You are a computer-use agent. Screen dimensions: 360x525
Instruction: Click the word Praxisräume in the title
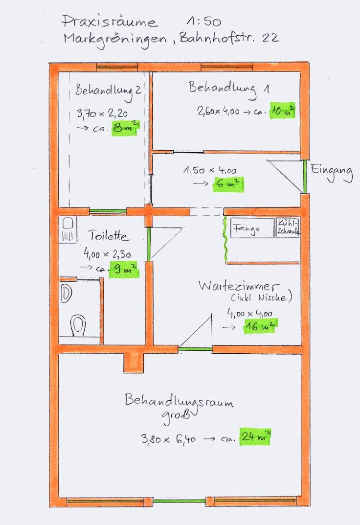coord(110,22)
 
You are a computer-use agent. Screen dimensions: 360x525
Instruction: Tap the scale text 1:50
coord(204,22)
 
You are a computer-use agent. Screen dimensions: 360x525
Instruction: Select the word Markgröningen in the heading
coord(115,40)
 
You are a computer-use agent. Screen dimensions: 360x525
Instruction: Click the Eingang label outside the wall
coord(332,172)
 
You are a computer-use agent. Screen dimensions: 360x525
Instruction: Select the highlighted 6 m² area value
coord(228,184)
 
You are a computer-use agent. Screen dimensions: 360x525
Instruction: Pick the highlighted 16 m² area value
coord(260,326)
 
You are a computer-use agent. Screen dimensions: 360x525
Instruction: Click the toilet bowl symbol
coord(78,324)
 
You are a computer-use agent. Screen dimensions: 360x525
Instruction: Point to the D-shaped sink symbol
coord(66,293)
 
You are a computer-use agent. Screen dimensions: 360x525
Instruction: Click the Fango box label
coord(247,228)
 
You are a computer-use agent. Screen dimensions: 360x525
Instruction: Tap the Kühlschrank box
coord(288,228)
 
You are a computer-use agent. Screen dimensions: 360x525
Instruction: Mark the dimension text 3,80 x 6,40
coord(168,438)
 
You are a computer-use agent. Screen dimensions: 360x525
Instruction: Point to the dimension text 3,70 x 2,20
coord(102,114)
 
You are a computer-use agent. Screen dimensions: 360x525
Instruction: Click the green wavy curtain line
coord(225,238)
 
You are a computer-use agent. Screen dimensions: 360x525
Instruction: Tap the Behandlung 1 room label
coord(229,89)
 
